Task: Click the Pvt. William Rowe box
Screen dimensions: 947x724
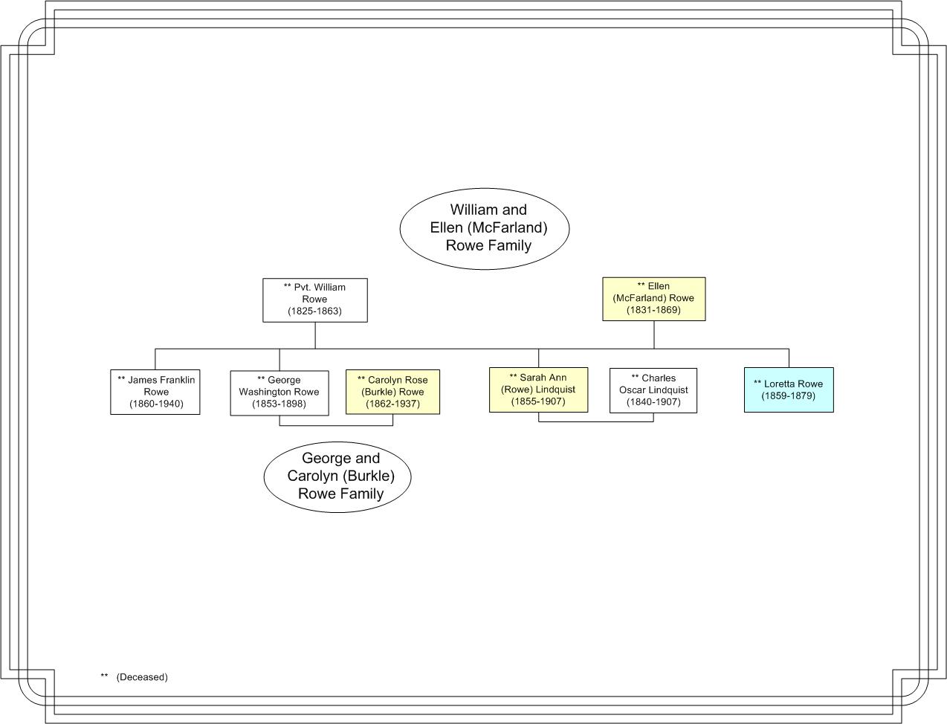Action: click(315, 300)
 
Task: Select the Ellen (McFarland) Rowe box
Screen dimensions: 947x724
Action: click(654, 299)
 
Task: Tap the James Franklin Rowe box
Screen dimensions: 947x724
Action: click(155, 392)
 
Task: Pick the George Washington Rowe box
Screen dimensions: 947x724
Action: click(279, 392)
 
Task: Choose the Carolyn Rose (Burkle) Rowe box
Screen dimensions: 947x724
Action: click(392, 392)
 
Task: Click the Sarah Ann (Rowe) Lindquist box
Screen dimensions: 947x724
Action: click(538, 390)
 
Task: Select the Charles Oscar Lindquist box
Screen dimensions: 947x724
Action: click(653, 390)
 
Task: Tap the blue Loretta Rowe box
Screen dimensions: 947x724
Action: click(789, 390)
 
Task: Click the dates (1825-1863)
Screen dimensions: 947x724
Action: click(315, 311)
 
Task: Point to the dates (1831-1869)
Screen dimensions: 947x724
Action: click(653, 310)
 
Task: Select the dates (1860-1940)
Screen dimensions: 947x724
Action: click(157, 404)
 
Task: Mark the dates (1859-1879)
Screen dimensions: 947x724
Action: click(788, 396)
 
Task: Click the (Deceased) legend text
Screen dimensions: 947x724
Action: click(142, 677)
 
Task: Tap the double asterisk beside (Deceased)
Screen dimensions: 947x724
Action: click(104, 675)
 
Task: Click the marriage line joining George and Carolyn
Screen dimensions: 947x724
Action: click(336, 426)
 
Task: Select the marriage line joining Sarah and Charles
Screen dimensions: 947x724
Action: click(596, 421)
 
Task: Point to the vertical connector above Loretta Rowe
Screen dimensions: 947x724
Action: click(789, 358)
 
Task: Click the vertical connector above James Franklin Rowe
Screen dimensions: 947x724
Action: click(155, 359)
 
